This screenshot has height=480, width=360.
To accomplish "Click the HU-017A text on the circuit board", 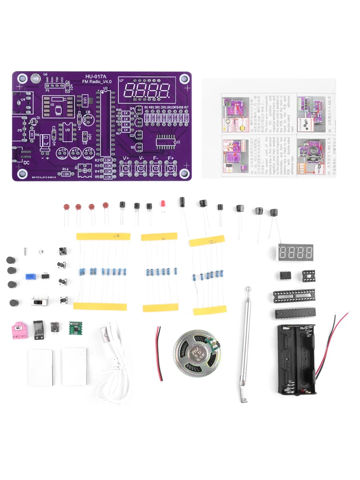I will coord(96,76).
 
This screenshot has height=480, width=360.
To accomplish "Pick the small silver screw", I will coord(24,251).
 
